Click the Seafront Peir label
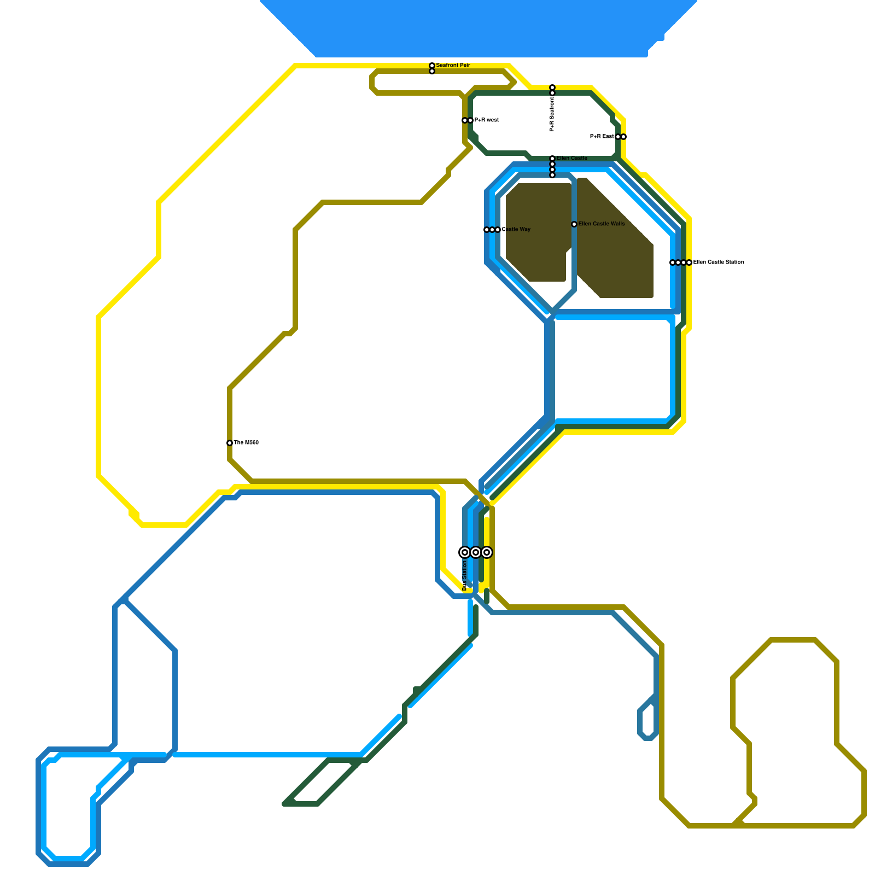coord(453,66)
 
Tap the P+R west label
coord(486,120)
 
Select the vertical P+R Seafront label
coord(552,114)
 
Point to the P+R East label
coord(602,137)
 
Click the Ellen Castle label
coord(571,159)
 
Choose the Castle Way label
coord(516,230)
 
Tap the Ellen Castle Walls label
coord(601,224)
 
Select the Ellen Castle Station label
coord(718,262)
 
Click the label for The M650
coord(246,443)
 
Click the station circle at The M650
coord(230,443)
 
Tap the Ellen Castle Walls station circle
coord(574,224)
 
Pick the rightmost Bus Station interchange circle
coord(487,552)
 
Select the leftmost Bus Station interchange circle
coord(465,552)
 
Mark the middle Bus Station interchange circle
coord(476,552)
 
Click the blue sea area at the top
coord(476,27)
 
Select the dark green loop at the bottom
coord(323,782)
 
